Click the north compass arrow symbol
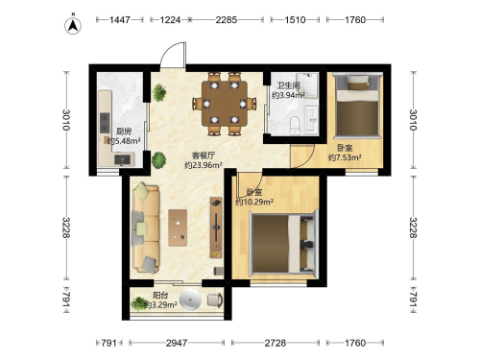[x=73, y=26]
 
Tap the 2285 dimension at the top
[x=227, y=20]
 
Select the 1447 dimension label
[x=120, y=20]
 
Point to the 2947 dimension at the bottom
[x=177, y=343]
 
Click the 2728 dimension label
[x=276, y=343]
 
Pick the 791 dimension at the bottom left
[x=108, y=343]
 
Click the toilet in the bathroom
[x=295, y=126]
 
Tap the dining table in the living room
[x=225, y=104]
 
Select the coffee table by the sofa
[x=178, y=228]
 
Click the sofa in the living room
[x=146, y=228]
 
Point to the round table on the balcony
[x=190, y=300]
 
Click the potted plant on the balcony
[x=139, y=303]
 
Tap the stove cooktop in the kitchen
[x=105, y=123]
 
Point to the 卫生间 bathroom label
[x=288, y=85]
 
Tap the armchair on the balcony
[x=215, y=300]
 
